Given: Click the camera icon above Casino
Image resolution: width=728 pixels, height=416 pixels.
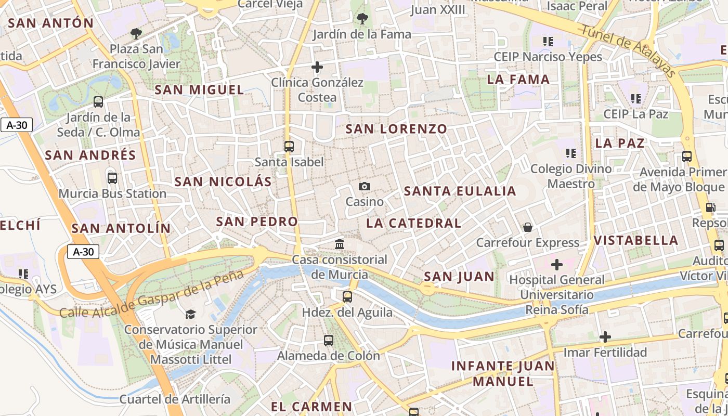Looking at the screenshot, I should coord(365,187).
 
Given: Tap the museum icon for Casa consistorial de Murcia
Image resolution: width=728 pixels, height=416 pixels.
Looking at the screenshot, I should coord(340,244).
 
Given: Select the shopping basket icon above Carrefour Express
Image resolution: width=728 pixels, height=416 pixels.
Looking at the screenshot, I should coord(528,227).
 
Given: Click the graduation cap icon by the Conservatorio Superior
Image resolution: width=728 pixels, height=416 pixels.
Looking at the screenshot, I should coord(190,314).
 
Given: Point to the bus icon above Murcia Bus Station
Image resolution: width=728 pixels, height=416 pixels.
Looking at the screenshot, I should coord(112,178).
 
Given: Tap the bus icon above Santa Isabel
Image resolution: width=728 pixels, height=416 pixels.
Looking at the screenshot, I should coord(289,147).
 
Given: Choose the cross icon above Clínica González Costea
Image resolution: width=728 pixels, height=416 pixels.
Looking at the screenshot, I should coord(317,67).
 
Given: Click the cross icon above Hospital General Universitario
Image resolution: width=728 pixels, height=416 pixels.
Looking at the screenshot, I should coord(557,265).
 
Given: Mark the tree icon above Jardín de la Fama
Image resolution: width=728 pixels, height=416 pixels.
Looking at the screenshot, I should coord(362,19).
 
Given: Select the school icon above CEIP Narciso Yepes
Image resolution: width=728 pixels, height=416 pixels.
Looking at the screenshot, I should coord(548,41).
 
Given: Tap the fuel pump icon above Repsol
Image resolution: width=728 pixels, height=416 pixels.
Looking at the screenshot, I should coord(710,207).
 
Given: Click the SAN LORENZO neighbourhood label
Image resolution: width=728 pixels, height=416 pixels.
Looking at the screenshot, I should coord(396,129).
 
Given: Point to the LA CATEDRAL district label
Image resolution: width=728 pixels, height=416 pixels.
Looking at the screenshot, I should coord(413,223).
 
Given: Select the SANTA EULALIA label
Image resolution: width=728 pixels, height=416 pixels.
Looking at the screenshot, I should coord(460,191).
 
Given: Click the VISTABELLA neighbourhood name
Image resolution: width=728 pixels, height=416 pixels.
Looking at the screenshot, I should coord(636,240).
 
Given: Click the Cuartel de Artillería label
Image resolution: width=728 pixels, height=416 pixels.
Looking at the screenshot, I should coord(175,399).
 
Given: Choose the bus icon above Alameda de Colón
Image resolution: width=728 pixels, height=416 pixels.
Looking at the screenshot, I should coord(328,341).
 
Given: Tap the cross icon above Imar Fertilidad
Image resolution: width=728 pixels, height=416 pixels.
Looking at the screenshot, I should coord(605,337).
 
